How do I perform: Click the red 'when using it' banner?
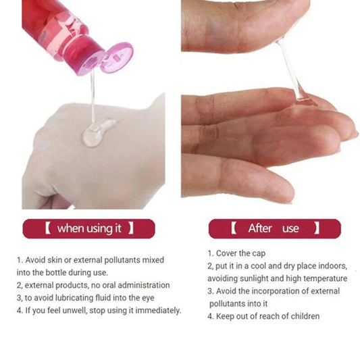click(x=88, y=228)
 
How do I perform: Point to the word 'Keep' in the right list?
click(x=226, y=316)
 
